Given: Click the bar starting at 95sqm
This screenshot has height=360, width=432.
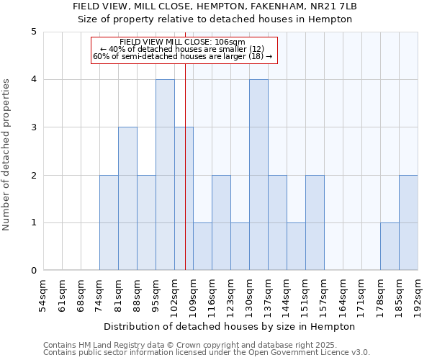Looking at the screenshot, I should point(165,175).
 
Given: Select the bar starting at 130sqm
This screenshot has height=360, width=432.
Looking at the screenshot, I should point(258,175).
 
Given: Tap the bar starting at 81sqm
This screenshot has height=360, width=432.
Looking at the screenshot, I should point(127,199).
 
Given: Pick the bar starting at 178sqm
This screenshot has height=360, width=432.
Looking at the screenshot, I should point(390,247).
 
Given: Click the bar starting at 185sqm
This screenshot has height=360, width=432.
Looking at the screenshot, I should point(408,223).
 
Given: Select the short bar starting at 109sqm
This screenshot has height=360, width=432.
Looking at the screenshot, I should point(202,247).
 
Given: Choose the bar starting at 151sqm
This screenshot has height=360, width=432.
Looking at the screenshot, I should point(315,223).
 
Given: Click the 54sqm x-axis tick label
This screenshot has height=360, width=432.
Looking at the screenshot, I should point(43,295).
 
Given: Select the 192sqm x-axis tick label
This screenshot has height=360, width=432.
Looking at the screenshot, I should point(418,295).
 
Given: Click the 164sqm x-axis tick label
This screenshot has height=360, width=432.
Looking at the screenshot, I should point(343,295).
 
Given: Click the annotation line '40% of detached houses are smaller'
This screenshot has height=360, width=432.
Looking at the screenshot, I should point(183,49).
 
